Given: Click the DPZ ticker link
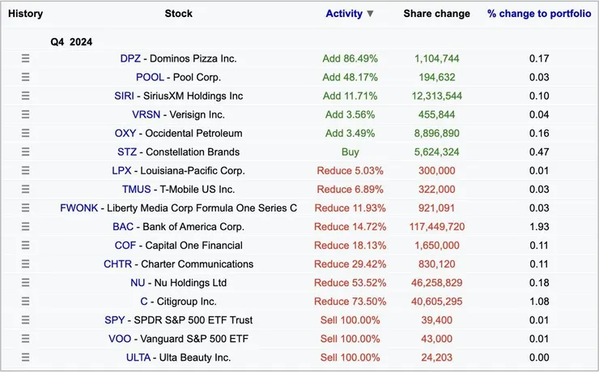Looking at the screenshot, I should (130, 58).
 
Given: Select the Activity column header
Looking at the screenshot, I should (344, 14).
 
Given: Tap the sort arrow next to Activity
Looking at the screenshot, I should (370, 14).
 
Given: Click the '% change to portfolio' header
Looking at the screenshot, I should (539, 14).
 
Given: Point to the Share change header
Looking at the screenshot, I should (436, 14).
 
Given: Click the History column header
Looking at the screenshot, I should (25, 14).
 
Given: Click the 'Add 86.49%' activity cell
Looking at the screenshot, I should (350, 58).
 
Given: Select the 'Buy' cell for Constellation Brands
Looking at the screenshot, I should (350, 152).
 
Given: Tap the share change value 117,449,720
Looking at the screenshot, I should (437, 227).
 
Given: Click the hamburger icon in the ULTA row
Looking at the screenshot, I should (25, 357).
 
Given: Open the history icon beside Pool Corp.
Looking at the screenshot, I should (25, 77).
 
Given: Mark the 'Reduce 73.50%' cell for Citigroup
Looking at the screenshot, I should (350, 301).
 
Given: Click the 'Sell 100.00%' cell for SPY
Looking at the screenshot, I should (350, 320).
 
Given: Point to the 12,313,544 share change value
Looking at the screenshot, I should (437, 96).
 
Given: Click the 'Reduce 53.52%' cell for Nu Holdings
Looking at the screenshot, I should (350, 283).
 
